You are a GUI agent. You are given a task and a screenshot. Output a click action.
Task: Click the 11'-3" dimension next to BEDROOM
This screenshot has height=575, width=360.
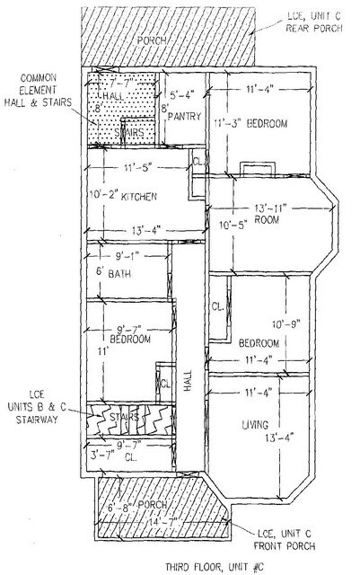pos(229,122)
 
